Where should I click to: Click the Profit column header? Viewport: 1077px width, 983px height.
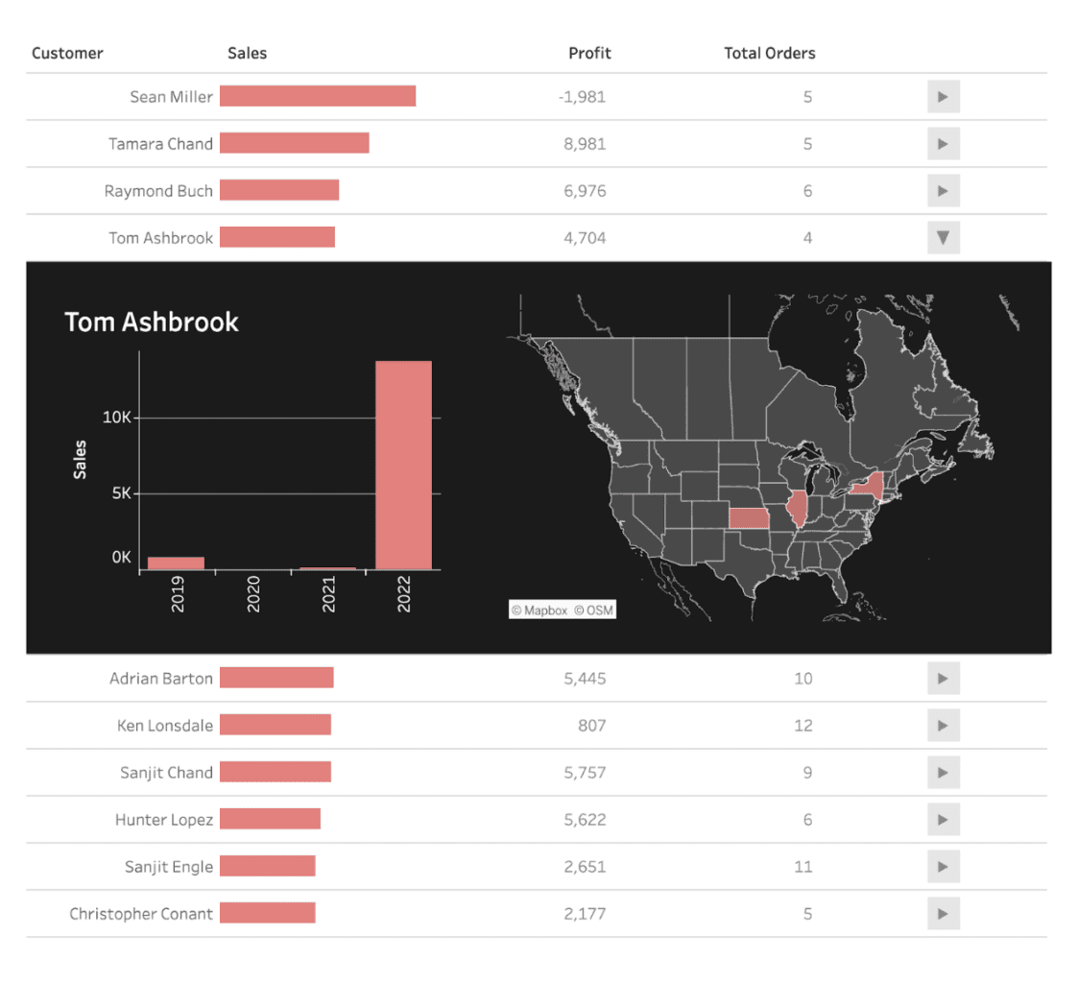(x=588, y=53)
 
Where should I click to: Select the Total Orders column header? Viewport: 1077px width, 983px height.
(x=769, y=53)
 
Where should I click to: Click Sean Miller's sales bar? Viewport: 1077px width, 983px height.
(x=317, y=96)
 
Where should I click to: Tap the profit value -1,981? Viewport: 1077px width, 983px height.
(x=583, y=97)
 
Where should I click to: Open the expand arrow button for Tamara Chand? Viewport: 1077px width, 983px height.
(x=943, y=144)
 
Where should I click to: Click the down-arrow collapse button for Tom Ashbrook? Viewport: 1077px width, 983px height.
(x=943, y=238)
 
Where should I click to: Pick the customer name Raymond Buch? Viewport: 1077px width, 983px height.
(x=158, y=191)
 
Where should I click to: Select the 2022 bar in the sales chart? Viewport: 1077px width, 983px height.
(x=403, y=465)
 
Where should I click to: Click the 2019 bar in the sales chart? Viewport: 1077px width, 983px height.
(x=176, y=563)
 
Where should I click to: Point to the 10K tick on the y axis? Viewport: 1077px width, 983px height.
(x=122, y=418)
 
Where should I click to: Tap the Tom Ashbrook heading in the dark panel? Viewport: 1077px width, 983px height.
(x=152, y=322)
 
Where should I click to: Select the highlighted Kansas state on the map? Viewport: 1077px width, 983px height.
(x=748, y=518)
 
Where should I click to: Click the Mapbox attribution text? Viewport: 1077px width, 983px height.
(x=539, y=610)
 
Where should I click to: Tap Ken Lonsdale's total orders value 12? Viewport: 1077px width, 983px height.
(x=802, y=726)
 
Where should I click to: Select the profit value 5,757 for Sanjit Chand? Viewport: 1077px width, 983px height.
(x=585, y=773)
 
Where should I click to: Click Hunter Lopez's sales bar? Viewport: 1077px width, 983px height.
(x=270, y=819)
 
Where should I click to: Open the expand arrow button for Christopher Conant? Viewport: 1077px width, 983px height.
(x=943, y=914)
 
